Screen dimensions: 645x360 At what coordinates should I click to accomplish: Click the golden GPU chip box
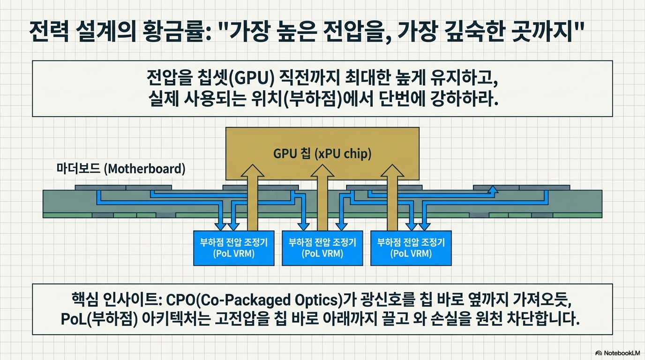coord(322,153)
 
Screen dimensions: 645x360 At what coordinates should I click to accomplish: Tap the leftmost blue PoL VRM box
coord(234,248)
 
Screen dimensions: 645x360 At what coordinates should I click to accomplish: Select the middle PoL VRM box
coord(322,248)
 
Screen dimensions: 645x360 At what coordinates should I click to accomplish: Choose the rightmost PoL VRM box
coord(411,248)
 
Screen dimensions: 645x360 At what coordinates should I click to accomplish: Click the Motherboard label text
coord(121,169)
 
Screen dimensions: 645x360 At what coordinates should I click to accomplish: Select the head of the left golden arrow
coord(252,171)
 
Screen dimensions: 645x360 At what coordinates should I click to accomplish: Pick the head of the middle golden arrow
coord(322,171)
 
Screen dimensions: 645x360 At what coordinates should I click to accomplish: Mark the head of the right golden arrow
coord(392,171)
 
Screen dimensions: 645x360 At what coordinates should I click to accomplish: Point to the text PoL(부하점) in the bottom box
coord(99,319)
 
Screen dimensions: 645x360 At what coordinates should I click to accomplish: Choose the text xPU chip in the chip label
coord(343,153)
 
